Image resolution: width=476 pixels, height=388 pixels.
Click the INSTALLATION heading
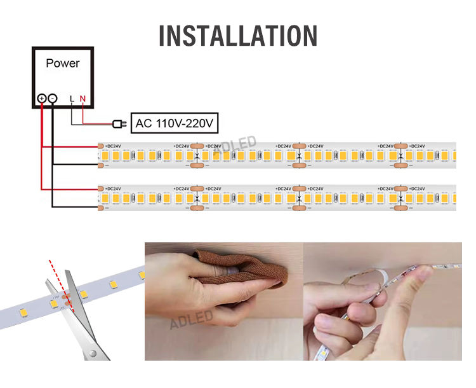click(238, 36)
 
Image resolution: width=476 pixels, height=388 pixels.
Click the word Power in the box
click(63, 64)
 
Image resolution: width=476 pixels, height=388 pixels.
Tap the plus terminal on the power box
click(42, 99)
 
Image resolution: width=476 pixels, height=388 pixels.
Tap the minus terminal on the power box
click(53, 99)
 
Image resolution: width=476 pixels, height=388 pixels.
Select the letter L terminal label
click(72, 99)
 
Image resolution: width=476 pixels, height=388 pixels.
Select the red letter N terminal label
click(82, 99)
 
